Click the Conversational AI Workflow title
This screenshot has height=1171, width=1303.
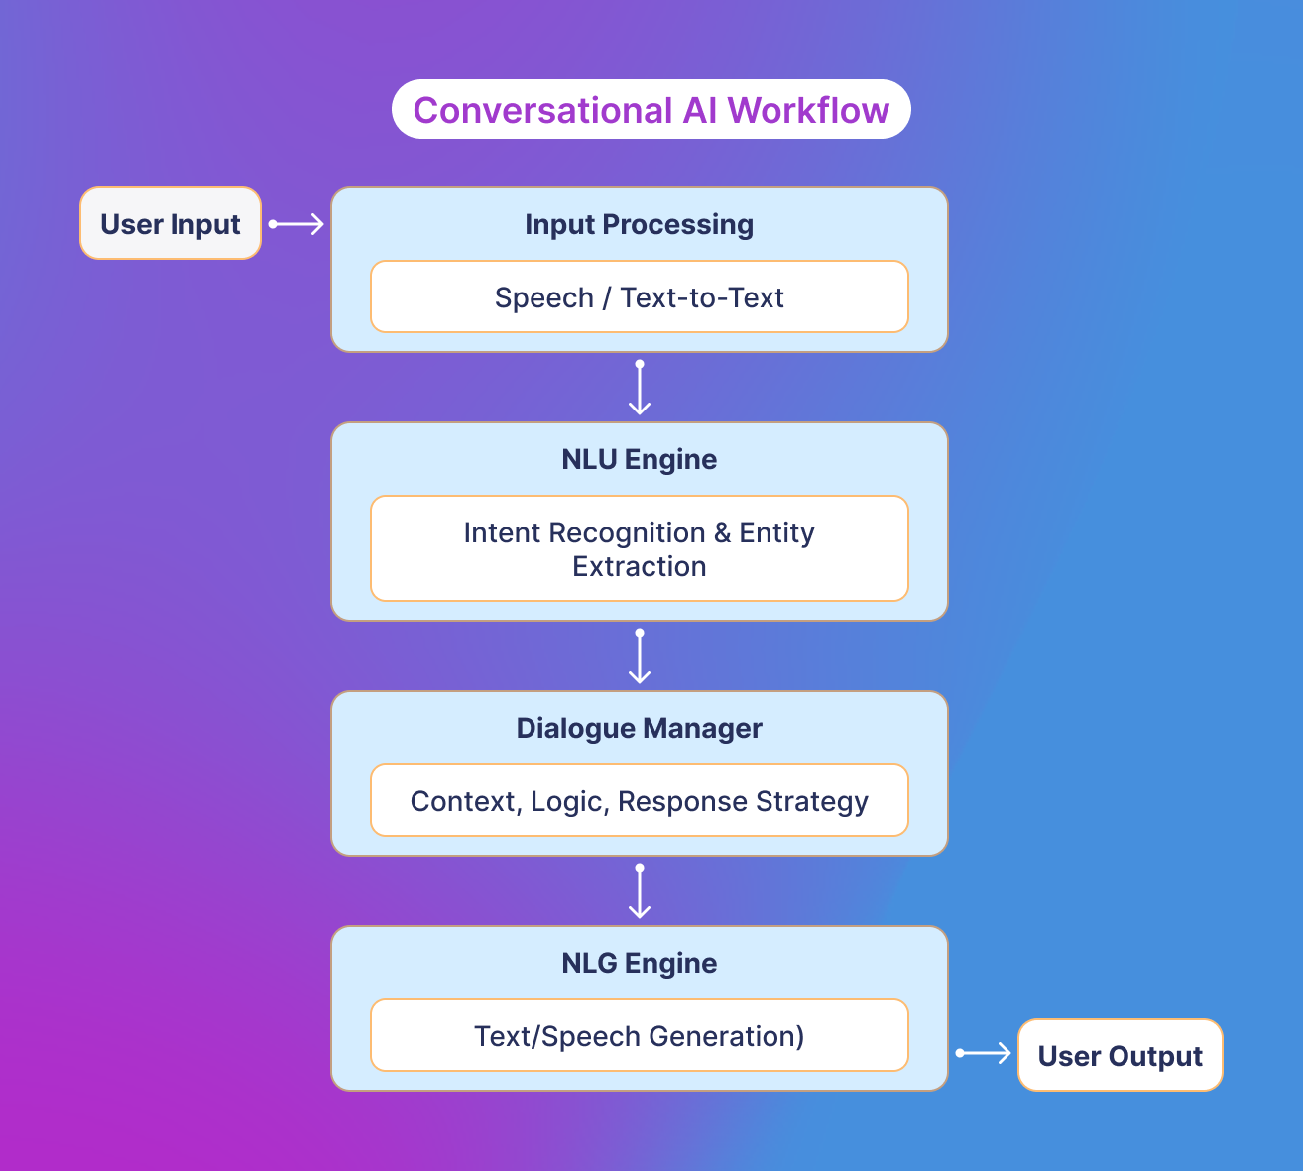[651, 110]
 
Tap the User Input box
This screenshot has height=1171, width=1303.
[171, 224]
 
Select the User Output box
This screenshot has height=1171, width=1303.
[1120, 1056]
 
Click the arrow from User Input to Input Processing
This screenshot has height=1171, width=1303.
[296, 224]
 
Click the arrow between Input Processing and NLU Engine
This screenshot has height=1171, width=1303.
[640, 388]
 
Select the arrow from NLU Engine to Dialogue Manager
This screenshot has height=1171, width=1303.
[640, 656]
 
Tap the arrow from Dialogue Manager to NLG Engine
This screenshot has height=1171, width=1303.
[640, 891]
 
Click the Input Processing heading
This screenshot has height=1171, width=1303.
[639, 224]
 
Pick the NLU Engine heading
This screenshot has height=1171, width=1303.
[639, 459]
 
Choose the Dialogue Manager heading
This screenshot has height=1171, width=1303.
[639, 728]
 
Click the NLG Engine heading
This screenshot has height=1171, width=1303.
[639, 963]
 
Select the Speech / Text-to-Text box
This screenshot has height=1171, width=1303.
[639, 297]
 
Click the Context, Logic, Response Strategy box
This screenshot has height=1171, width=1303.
[639, 801]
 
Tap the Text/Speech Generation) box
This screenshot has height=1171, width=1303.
[639, 1036]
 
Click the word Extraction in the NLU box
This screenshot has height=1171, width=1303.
[639, 567]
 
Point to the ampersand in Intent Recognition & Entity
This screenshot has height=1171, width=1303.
[722, 533]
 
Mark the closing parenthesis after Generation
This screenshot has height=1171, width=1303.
[799, 1037]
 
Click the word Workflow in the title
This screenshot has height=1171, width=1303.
[808, 110]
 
